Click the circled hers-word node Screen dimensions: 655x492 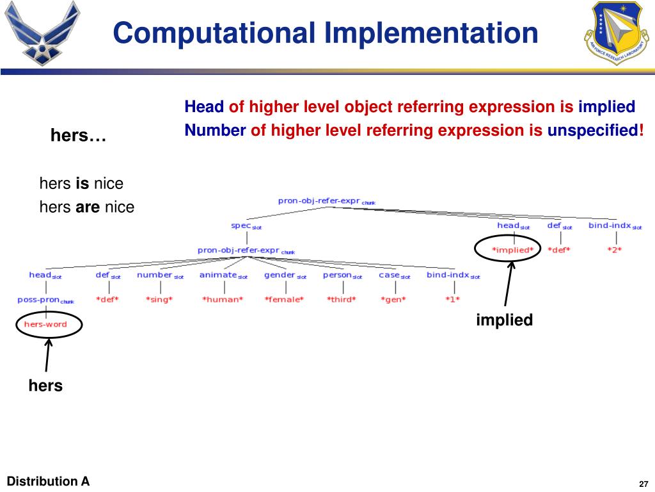45,324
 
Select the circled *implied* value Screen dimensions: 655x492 512,250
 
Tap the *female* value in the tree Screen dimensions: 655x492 284,299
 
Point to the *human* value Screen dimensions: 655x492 223,299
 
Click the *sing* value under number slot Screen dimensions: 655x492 159,299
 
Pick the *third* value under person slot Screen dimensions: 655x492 341,299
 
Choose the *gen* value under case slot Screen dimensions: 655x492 393,299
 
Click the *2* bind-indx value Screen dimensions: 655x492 614,250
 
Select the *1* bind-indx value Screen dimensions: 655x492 452,299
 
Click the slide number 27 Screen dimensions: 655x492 643,483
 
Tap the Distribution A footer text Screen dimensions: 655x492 48,481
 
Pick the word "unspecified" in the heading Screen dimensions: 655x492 592,131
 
